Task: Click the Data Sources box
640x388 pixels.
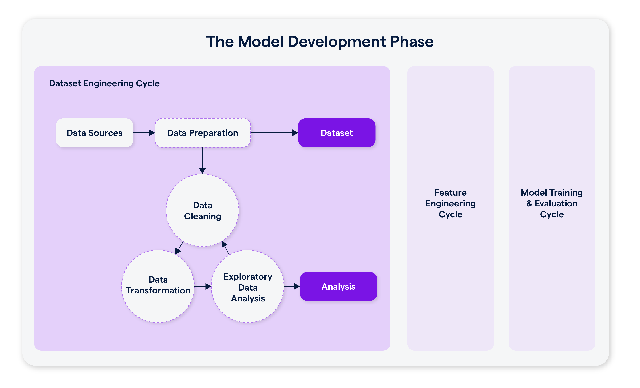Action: point(95,133)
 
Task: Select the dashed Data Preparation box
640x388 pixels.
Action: point(203,133)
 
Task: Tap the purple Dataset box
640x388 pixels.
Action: point(337,133)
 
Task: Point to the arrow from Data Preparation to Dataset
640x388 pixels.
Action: point(274,133)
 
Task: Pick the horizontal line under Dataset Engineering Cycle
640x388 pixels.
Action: point(212,92)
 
